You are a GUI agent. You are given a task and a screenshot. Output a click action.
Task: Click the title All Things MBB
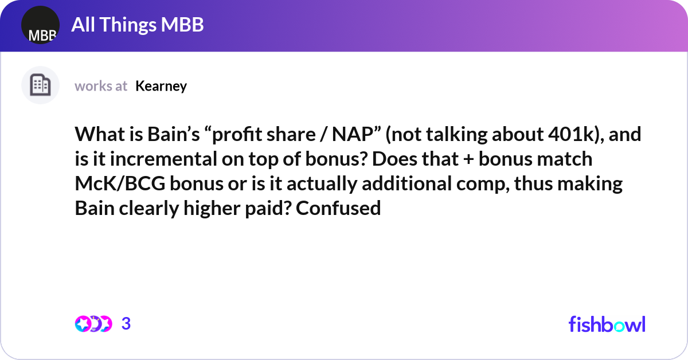pos(138,25)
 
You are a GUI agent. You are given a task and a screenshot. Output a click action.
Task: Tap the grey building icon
pos(40,85)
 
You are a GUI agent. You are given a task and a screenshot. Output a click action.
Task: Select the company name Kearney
pos(161,86)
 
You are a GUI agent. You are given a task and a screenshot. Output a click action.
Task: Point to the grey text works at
pos(101,86)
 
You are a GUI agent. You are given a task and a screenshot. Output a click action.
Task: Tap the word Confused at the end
pos(339,208)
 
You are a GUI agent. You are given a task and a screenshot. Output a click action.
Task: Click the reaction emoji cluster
pos(93,324)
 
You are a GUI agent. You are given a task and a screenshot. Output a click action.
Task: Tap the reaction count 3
pos(126,324)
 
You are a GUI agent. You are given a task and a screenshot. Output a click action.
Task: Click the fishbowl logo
pos(607,324)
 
